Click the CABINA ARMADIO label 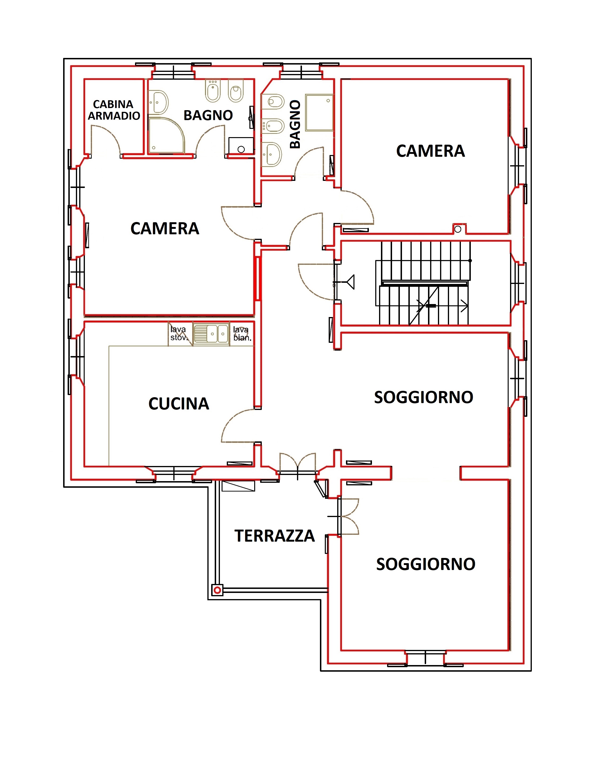click(113, 110)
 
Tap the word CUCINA click(179, 404)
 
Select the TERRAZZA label click(274, 536)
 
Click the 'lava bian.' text click(242, 334)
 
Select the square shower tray click(319, 112)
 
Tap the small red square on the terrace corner click(217, 590)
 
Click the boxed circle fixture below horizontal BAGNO click(241, 146)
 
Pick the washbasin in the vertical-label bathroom click(272, 154)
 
